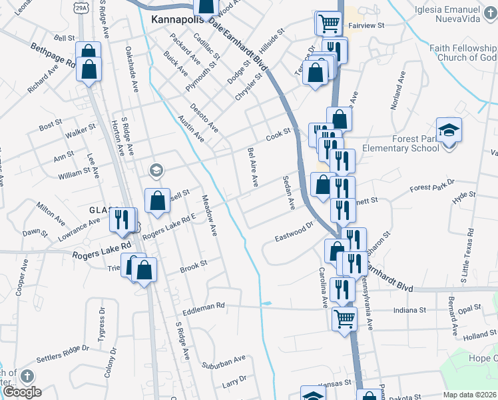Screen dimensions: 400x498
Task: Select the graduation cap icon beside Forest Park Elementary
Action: (449, 129)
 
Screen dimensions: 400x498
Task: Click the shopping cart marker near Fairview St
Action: (328, 23)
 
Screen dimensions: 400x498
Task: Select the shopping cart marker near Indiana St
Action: (344, 318)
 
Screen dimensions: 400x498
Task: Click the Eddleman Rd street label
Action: (206, 305)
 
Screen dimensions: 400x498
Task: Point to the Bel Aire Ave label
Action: (253, 167)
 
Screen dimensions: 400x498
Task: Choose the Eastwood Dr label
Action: (294, 232)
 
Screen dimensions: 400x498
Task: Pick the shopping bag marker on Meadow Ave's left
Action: (157, 201)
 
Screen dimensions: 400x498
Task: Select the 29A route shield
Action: (81, 7)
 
